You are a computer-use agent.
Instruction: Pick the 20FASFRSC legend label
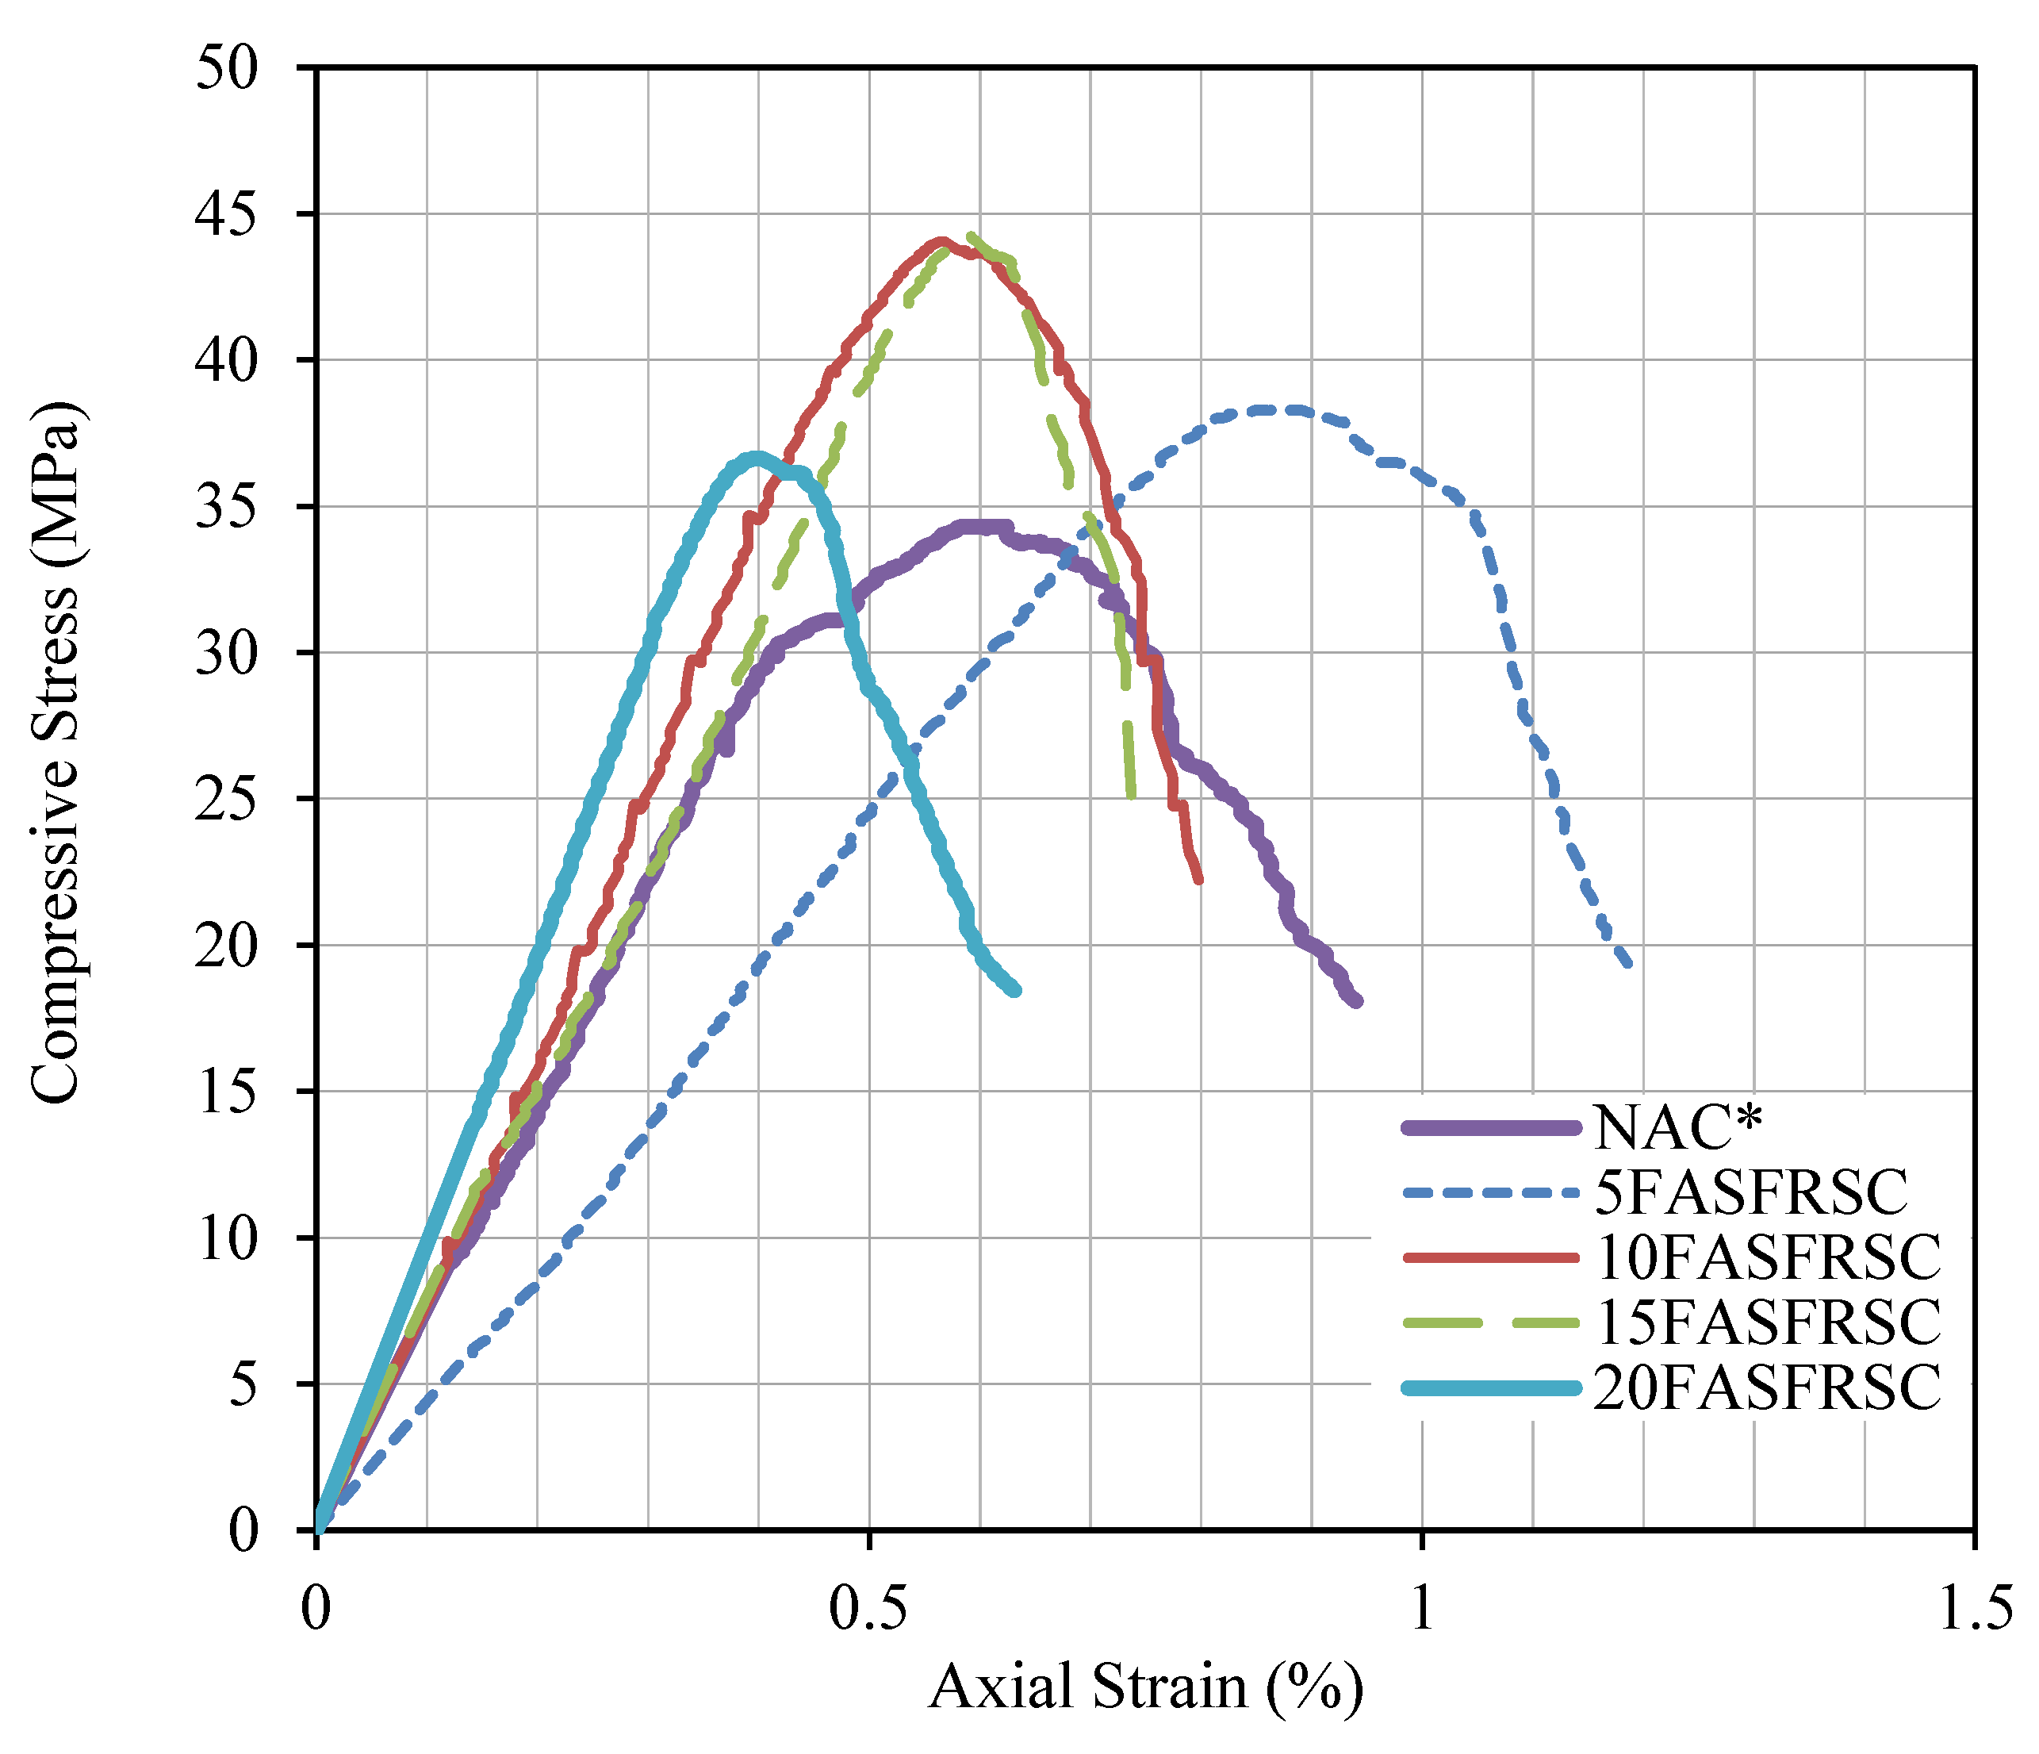pos(1768,1387)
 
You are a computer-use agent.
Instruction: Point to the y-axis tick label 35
pos(228,507)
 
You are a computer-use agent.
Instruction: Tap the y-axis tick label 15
pos(228,1092)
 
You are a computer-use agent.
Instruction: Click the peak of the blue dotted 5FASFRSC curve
pos(1264,409)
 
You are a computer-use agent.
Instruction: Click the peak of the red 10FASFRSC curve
pos(941,240)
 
